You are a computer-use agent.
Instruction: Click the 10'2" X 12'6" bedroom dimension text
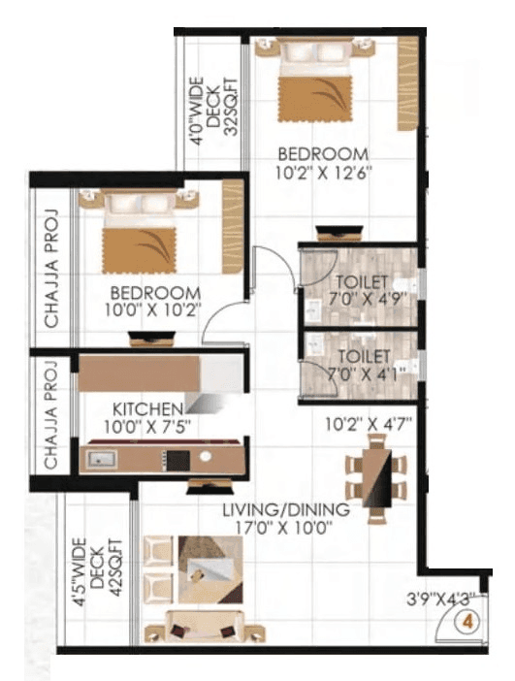click(323, 174)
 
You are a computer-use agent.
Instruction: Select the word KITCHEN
click(146, 408)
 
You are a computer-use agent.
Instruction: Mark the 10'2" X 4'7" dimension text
click(368, 423)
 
